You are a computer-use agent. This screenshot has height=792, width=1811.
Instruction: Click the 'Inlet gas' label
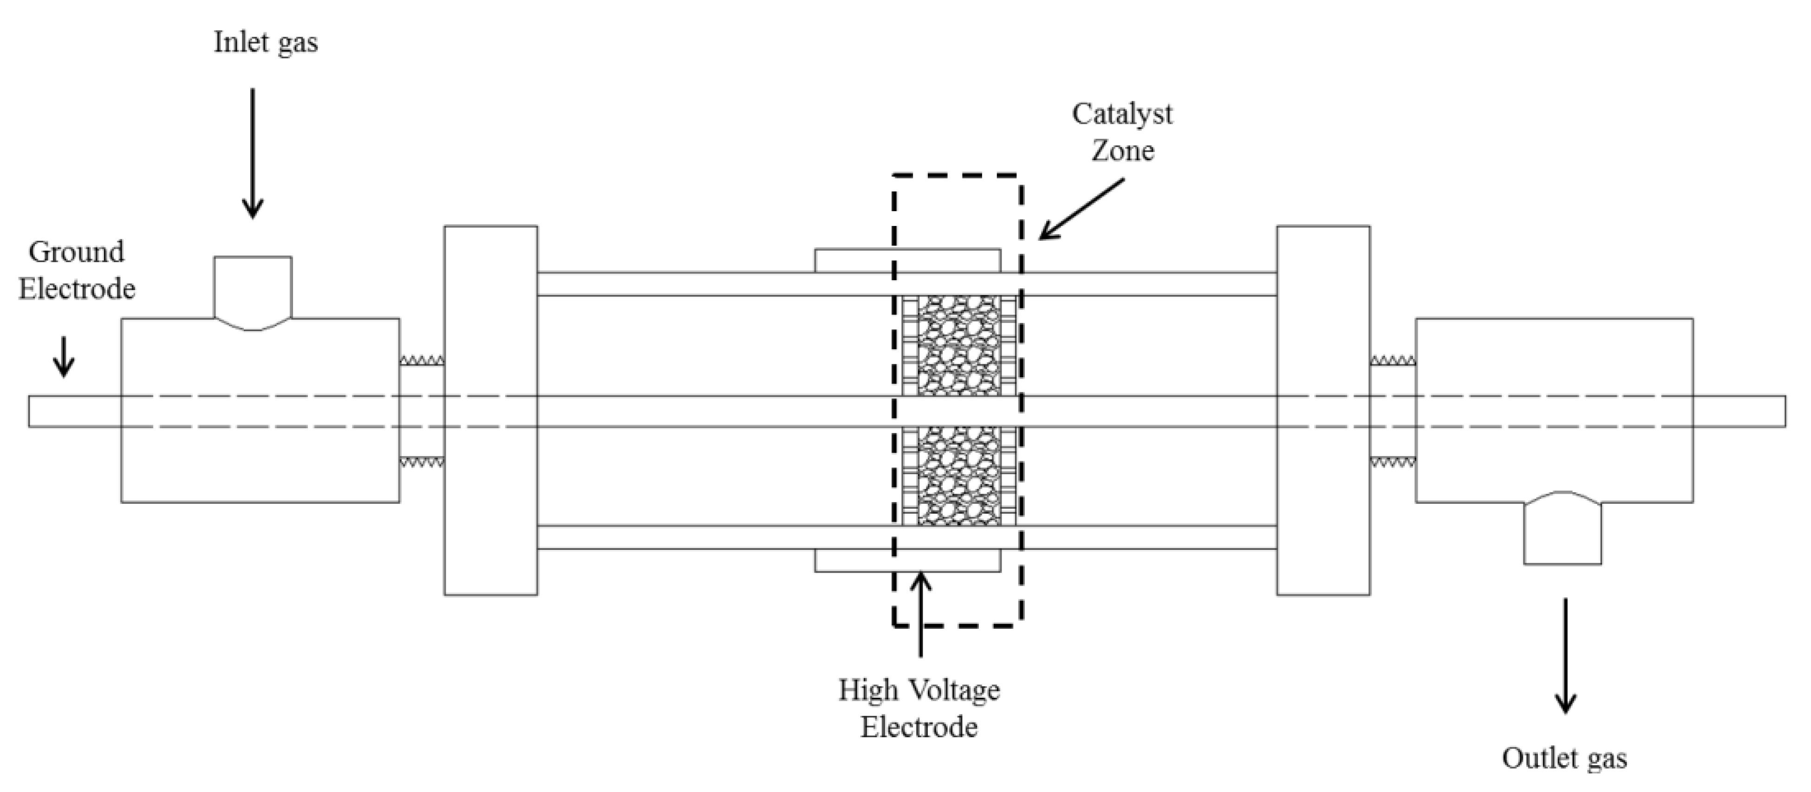click(266, 43)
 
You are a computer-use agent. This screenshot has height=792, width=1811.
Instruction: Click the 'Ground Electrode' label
click(77, 270)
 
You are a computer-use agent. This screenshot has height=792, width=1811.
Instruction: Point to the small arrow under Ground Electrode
click(64, 357)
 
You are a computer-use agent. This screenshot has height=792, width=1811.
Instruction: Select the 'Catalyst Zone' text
click(1122, 132)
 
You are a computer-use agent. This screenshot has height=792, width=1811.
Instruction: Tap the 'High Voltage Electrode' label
click(919, 708)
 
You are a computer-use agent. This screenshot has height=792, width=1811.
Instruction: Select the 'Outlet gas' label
click(1564, 758)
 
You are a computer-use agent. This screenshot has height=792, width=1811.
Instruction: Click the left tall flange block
click(491, 411)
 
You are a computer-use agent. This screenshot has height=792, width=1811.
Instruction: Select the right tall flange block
click(1323, 411)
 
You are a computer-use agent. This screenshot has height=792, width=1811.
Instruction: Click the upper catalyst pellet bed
click(960, 345)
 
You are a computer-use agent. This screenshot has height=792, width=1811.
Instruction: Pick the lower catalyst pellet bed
click(960, 476)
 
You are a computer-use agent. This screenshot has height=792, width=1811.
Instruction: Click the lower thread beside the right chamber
click(1393, 462)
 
